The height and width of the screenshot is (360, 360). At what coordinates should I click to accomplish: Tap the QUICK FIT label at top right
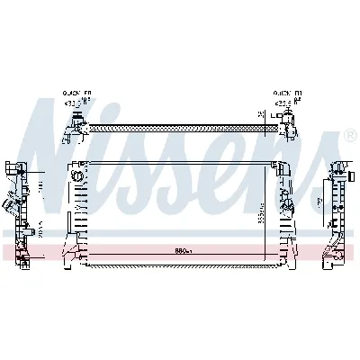[x=288, y=92]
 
